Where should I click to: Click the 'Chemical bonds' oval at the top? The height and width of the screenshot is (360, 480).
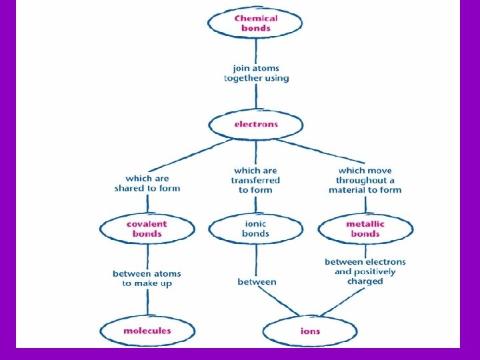coord(255,23)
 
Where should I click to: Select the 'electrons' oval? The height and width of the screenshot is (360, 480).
coord(256,125)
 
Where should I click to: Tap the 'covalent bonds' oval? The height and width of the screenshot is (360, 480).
coord(147,229)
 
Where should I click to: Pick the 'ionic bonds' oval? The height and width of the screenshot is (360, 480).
coord(256,229)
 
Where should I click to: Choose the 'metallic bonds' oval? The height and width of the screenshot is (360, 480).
coord(365,229)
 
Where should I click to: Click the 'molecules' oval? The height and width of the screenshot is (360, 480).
coord(147,331)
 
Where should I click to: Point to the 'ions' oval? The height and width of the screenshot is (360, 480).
coord(310,331)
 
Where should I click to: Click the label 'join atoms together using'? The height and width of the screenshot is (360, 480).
coord(256,73)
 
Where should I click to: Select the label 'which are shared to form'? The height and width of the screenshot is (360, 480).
coord(147,183)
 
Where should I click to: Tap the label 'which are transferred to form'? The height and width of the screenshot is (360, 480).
coord(256,180)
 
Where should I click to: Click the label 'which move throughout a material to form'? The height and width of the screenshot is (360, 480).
coord(365,180)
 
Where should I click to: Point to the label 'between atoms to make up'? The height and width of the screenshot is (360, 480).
coord(147,279)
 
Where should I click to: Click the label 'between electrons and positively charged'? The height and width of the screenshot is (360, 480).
coord(365,271)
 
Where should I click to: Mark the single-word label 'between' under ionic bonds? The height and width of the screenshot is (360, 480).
coord(257,282)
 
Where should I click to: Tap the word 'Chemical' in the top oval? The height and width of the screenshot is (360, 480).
coord(255,19)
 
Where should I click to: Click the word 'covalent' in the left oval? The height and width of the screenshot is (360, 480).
coord(147,224)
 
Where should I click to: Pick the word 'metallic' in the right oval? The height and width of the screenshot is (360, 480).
coord(365,224)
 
